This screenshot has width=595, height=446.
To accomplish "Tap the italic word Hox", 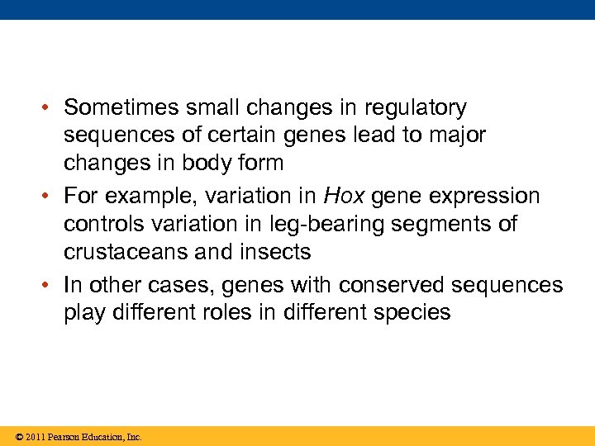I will (343, 197).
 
